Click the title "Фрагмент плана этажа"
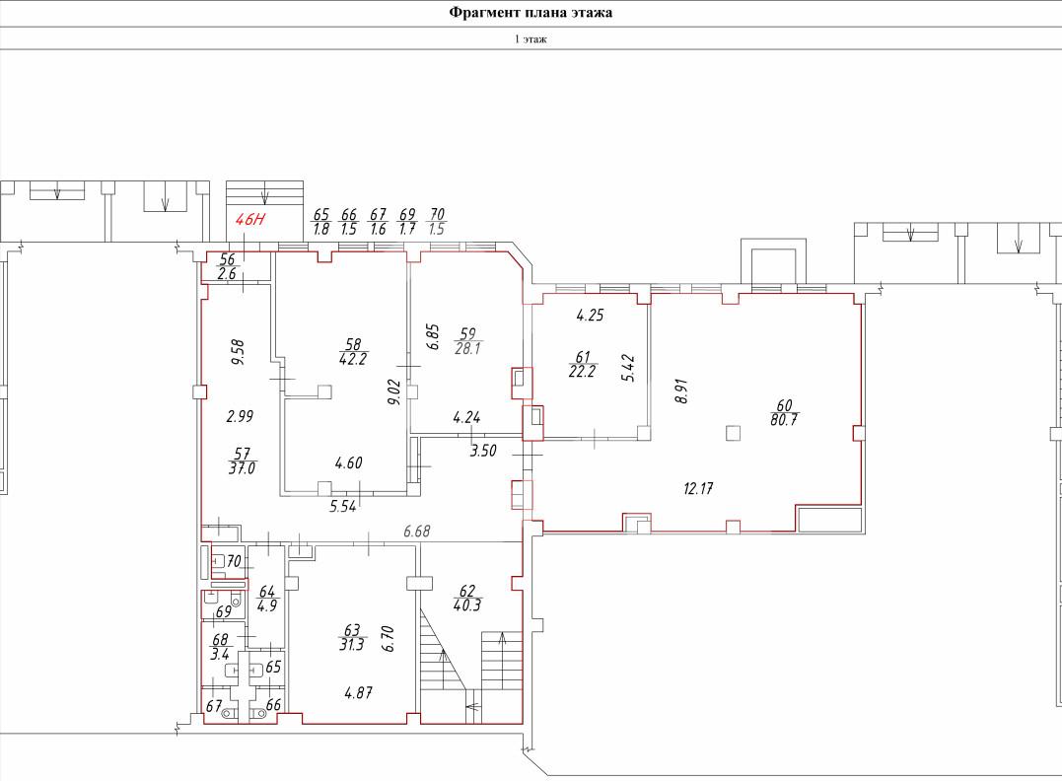tap(531, 12)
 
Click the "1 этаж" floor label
tap(531, 39)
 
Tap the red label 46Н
tap(249, 220)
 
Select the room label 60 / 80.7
tap(784, 412)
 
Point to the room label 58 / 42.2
tap(353, 352)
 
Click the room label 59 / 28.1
tap(468, 341)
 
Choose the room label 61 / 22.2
tap(583, 364)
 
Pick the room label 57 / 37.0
tap(242, 461)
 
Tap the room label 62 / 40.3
tap(467, 599)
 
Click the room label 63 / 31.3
tap(352, 637)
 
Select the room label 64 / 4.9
tap(267, 599)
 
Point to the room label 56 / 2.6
tap(227, 266)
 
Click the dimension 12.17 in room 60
tap(697, 488)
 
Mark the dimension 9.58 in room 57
tap(238, 352)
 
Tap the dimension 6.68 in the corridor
tap(416, 532)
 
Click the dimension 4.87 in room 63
tap(358, 693)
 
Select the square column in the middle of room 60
tap(733, 433)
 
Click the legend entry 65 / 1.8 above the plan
tap(321, 222)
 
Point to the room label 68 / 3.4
tap(221, 647)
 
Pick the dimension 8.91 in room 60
tap(681, 390)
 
